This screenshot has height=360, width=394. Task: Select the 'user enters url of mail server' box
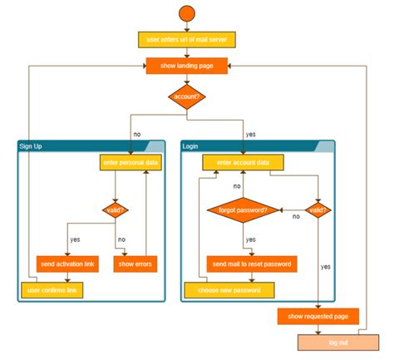point(186,39)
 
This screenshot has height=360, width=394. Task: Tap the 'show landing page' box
point(186,66)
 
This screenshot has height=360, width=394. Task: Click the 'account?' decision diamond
point(186,96)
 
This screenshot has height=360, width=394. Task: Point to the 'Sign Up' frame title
point(31,146)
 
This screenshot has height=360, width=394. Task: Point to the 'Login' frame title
point(191,146)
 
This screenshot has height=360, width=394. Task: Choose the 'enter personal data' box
point(131,163)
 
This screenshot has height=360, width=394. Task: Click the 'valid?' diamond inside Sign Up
point(114,210)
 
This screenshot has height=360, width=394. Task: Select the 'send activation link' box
point(67,264)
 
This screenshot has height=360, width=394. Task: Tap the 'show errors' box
point(134,264)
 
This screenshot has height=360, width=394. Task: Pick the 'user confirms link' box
point(52,290)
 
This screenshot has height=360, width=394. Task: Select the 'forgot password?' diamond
point(242,210)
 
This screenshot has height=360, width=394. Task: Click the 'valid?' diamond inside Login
point(318,210)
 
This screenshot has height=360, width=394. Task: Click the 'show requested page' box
point(318,316)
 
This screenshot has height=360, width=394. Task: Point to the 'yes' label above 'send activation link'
point(76,239)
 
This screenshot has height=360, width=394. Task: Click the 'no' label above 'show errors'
point(121,239)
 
